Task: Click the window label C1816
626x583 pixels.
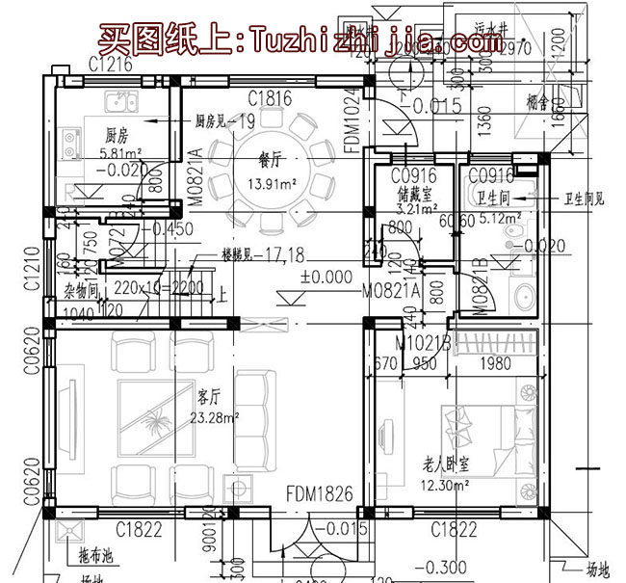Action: [269, 97]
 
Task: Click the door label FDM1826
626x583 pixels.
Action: [319, 494]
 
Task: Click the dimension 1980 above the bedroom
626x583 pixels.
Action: [496, 364]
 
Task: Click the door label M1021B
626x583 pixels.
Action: [425, 342]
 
